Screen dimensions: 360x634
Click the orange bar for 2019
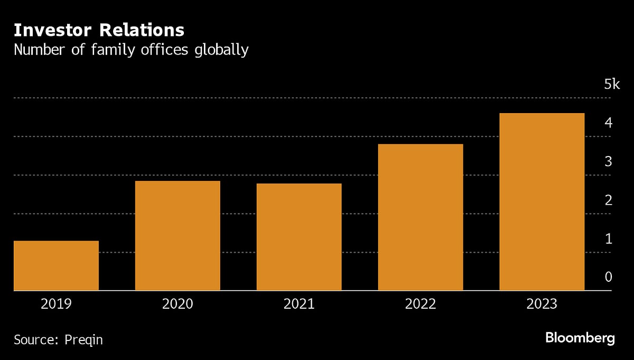[x=56, y=265]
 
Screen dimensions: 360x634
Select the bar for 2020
[x=178, y=236]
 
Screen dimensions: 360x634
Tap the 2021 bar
[x=299, y=237]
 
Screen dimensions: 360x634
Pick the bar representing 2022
[x=421, y=217]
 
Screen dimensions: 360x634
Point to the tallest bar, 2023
[x=542, y=202]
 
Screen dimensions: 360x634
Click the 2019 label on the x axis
[x=56, y=304]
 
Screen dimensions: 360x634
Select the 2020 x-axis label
[x=178, y=304]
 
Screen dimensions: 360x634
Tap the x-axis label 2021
[x=299, y=304]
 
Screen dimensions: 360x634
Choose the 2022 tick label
[x=421, y=304]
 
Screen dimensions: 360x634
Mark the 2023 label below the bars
[x=542, y=304]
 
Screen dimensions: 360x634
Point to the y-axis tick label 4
[x=608, y=123]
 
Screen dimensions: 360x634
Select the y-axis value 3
[x=608, y=162]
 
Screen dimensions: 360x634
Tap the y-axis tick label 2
[x=608, y=200]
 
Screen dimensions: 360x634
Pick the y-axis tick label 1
[x=608, y=239]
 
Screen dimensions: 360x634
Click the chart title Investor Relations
[x=99, y=30]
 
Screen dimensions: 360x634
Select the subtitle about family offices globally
[x=131, y=50]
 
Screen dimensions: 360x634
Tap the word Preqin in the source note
[x=83, y=339]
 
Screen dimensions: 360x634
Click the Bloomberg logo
[x=580, y=338]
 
